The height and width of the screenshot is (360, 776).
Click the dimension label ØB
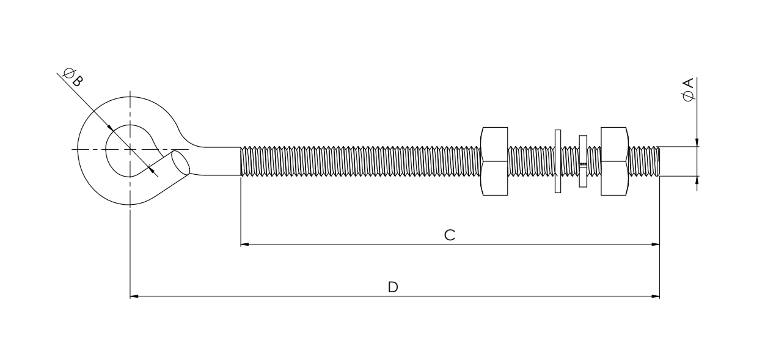73,77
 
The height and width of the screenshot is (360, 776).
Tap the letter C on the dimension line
449,235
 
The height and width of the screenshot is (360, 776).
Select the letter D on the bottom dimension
393,287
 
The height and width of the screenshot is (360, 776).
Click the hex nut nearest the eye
495,161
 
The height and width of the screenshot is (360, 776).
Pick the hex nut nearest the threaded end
614,161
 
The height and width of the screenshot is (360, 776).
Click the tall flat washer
558,161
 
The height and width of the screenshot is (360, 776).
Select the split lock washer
583,161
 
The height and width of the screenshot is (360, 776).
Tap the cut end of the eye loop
181,163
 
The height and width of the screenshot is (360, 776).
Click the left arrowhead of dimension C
244,244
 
